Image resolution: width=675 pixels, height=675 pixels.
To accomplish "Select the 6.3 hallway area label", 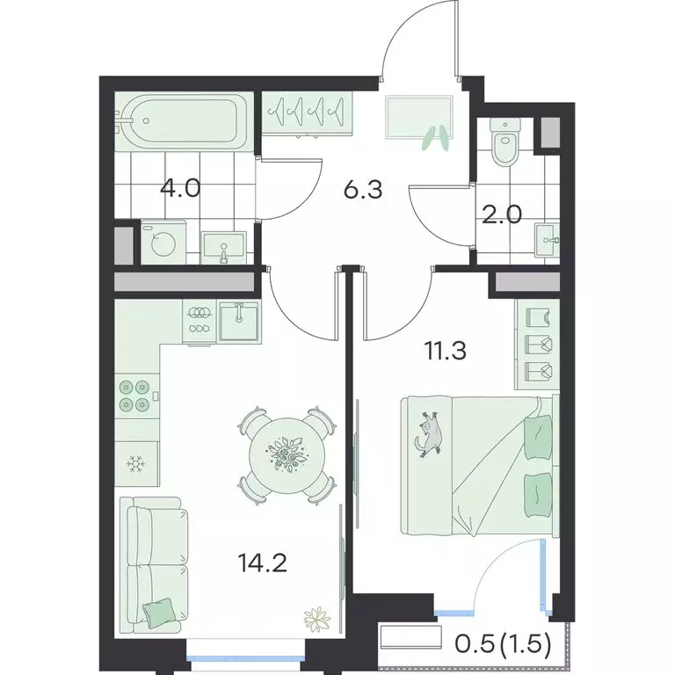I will [362, 190].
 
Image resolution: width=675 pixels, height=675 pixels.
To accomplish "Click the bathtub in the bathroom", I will [185, 122].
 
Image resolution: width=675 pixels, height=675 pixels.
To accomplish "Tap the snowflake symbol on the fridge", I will [135, 463].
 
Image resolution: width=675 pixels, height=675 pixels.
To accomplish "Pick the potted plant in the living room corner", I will [316, 620].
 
